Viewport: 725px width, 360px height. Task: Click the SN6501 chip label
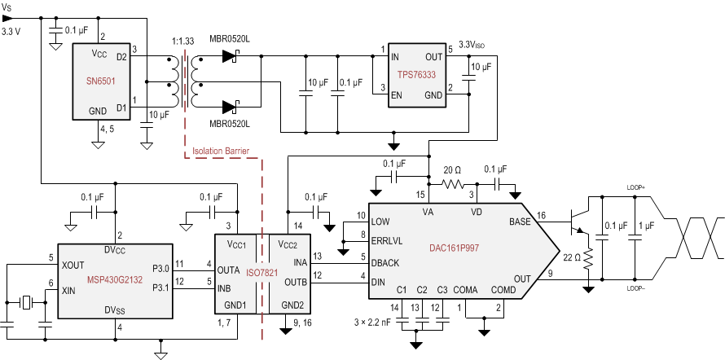(102, 82)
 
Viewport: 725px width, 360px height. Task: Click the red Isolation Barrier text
(220, 150)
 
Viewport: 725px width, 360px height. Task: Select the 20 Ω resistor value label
(453, 169)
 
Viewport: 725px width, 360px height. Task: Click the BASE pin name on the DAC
(519, 222)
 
